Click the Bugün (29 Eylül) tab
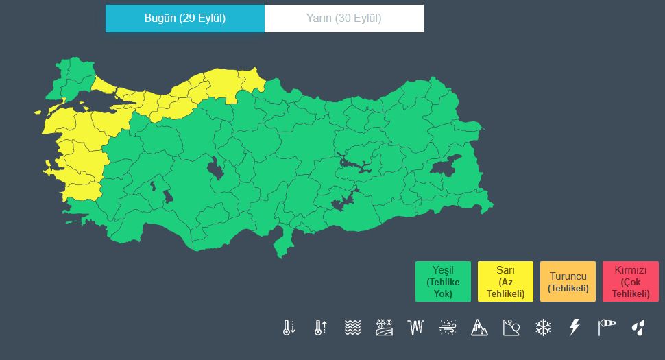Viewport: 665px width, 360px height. (x=184, y=19)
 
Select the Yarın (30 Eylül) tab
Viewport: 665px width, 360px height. (x=343, y=19)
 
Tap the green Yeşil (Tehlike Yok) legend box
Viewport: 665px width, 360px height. (x=443, y=282)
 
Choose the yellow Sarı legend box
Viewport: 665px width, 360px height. (x=505, y=282)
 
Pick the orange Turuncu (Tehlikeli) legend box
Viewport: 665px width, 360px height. (x=568, y=282)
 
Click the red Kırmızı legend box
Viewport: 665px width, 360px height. (x=630, y=282)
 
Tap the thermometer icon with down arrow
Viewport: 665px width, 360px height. (x=289, y=327)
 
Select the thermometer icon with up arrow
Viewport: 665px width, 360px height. (x=320, y=327)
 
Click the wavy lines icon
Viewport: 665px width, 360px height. (x=352, y=327)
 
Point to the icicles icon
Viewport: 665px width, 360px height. (x=416, y=327)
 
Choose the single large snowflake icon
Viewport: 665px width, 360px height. (x=543, y=327)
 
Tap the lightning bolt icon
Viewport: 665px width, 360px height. (x=575, y=327)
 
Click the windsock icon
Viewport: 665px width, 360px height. (x=607, y=327)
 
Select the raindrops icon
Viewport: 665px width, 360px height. (x=638, y=327)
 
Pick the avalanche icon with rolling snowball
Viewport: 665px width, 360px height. (x=511, y=327)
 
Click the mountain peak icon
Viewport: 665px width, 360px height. (x=479, y=327)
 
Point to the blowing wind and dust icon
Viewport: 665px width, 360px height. (x=448, y=327)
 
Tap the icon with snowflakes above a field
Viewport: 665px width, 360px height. (x=384, y=327)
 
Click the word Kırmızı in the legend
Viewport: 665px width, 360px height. (x=630, y=271)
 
